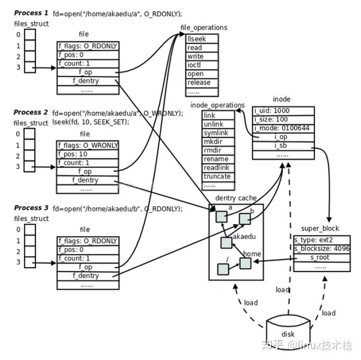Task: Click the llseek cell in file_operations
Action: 202,39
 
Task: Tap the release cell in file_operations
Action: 202,83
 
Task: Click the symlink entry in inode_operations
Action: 216,133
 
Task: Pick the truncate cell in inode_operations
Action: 216,177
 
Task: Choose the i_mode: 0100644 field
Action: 283,128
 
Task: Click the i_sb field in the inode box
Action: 283,146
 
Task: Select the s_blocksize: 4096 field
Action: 322,249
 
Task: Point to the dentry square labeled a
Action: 222,216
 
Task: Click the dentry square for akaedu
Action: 226,242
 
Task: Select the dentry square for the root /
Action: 223,269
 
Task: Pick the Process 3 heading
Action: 31,208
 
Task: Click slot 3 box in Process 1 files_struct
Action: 30,67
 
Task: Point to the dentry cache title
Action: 236,198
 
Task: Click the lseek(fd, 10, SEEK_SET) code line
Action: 90,122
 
